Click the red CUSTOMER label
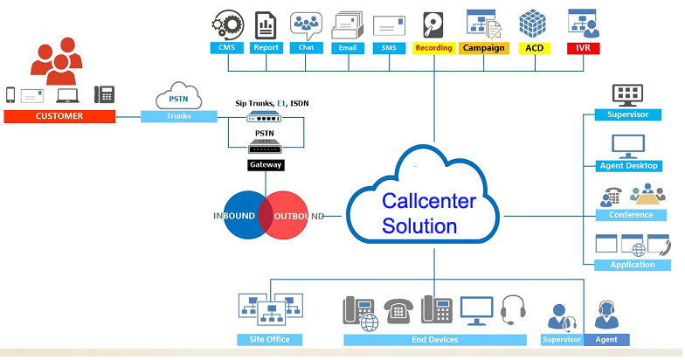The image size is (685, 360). pyautogui.click(x=59, y=115)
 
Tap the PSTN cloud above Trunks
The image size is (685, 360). pyautogui.click(x=179, y=94)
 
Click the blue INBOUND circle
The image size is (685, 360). pyautogui.click(x=245, y=215)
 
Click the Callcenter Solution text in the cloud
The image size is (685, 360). pyautogui.click(x=428, y=213)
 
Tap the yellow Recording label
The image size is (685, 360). pyautogui.click(x=433, y=48)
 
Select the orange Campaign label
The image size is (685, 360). pyautogui.click(x=483, y=48)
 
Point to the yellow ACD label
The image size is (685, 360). pyautogui.click(x=532, y=48)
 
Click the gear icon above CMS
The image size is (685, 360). pyautogui.click(x=227, y=23)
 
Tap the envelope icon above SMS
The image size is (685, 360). pyautogui.click(x=389, y=25)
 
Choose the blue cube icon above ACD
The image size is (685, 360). pyautogui.click(x=532, y=23)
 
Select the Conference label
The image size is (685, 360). pyautogui.click(x=631, y=215)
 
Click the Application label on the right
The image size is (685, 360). pyautogui.click(x=632, y=265)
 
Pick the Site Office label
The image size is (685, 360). pyautogui.click(x=269, y=339)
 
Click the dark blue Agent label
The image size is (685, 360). pyautogui.click(x=605, y=339)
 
